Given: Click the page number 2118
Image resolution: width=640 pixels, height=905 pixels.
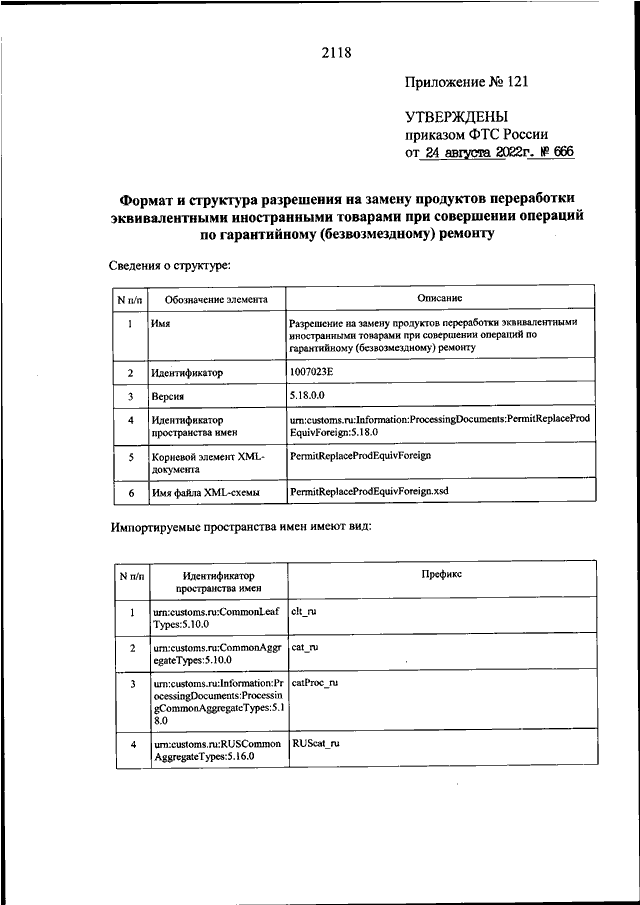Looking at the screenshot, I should (x=337, y=52).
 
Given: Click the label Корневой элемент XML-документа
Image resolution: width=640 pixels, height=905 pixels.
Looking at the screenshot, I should (x=204, y=462).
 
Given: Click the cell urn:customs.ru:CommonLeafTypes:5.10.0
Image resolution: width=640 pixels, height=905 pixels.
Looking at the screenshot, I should (x=206, y=616).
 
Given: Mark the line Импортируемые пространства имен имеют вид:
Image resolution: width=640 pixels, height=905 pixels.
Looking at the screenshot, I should (x=239, y=527).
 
